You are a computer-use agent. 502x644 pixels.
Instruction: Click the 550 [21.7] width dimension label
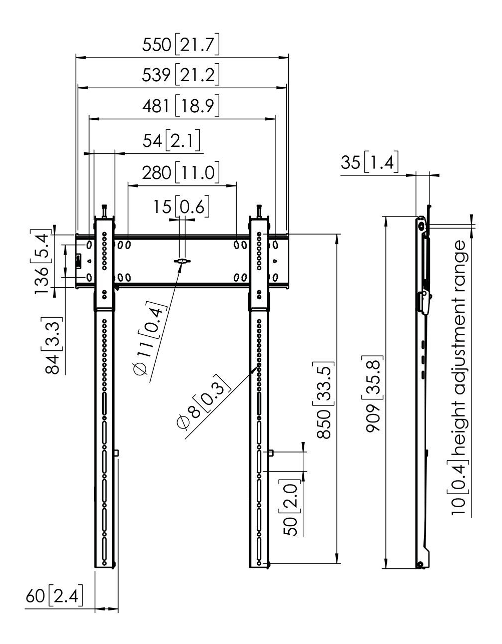pos(181,45)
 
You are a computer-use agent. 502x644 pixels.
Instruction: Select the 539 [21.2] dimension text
pos(181,74)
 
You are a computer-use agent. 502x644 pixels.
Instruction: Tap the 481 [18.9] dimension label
pos(181,106)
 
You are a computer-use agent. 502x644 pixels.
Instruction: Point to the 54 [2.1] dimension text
pos(171,140)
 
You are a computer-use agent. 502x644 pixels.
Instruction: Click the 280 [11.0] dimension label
pos(181,172)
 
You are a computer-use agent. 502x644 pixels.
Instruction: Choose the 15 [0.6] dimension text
pos(181,206)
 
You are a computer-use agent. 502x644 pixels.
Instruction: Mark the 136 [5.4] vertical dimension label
pos(41,261)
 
